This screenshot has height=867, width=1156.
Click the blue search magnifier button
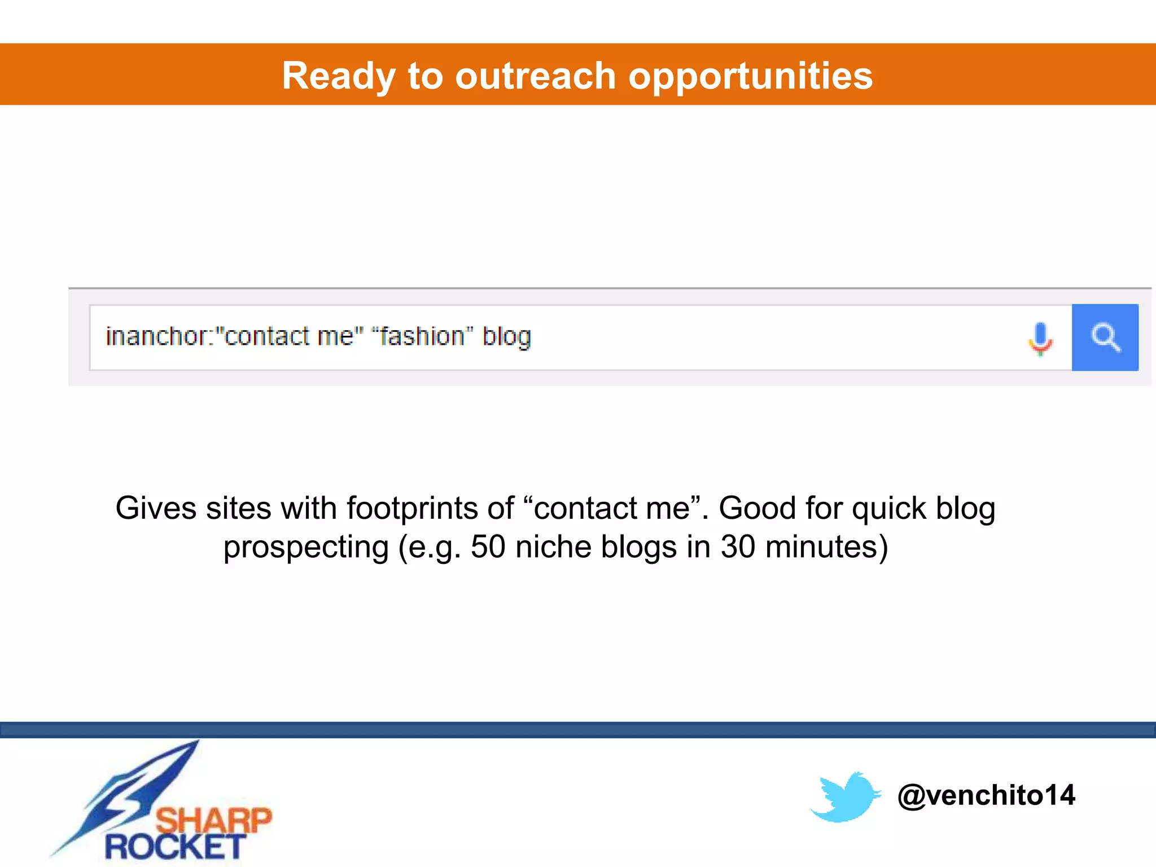pyautogui.click(x=1105, y=338)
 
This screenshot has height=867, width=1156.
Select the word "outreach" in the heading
pyautogui.click(x=535, y=76)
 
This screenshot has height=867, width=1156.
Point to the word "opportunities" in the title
pyautogui.click(x=750, y=76)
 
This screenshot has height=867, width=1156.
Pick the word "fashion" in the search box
pyautogui.click(x=422, y=336)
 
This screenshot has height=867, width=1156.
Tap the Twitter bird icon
pyautogui.click(x=845, y=796)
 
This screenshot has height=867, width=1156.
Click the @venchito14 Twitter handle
pyautogui.click(x=986, y=795)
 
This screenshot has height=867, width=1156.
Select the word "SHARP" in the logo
pyautogui.click(x=213, y=820)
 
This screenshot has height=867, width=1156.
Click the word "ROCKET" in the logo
pyautogui.click(x=175, y=847)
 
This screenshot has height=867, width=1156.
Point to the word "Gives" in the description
pyautogui.click(x=156, y=508)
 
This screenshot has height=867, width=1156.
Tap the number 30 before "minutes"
pyautogui.click(x=738, y=547)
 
